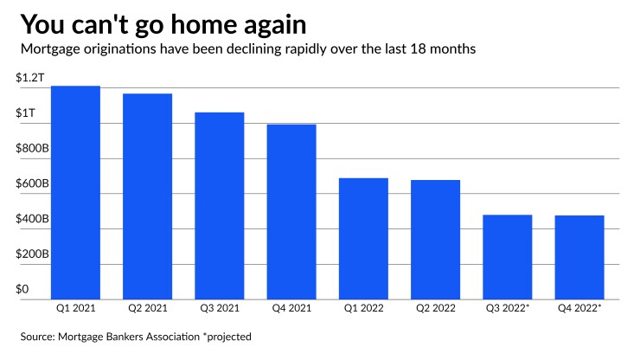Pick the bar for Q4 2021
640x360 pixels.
point(291,212)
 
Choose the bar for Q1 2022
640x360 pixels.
point(363,239)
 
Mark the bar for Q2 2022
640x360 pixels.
point(435,240)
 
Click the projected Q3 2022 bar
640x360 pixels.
point(507,257)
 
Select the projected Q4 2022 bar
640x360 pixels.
point(579,257)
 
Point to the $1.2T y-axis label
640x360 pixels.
point(29,79)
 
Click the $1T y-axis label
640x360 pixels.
point(25,114)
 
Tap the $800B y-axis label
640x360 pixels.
point(32,150)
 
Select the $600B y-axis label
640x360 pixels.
point(32,185)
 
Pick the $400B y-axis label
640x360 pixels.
point(32,220)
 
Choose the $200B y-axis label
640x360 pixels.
point(32,255)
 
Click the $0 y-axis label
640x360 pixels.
point(22,290)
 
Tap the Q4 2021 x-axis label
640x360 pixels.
point(291,307)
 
